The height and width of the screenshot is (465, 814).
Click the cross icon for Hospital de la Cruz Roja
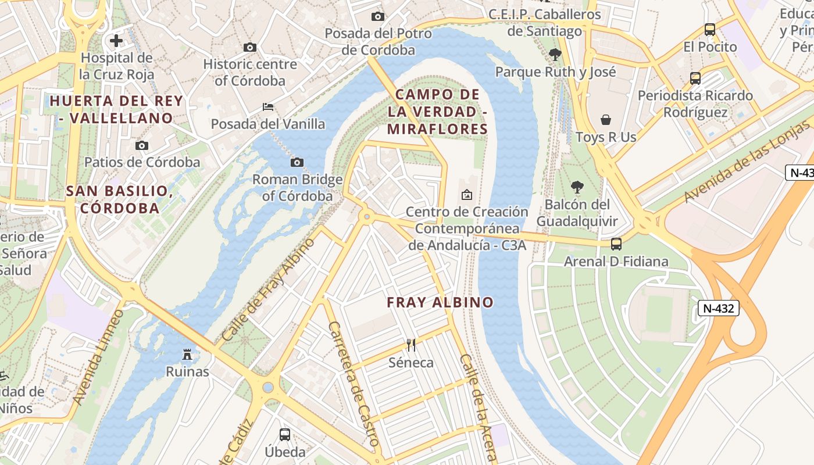click(116, 41)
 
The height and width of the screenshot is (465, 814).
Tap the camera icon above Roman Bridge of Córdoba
click(297, 162)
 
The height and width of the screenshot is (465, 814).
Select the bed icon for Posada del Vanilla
click(268, 107)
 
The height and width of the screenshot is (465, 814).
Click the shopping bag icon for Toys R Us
click(606, 120)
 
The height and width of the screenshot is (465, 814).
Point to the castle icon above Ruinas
click(187, 353)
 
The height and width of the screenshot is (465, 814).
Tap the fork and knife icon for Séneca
click(411, 345)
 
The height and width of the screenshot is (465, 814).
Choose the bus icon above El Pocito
click(709, 30)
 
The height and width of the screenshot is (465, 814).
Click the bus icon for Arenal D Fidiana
click(616, 244)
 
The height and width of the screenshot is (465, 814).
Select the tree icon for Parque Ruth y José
click(555, 55)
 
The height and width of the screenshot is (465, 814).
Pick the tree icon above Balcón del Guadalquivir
click(577, 187)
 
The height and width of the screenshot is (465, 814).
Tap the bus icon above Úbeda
click(285, 434)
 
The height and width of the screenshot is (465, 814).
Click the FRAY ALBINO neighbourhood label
click(440, 302)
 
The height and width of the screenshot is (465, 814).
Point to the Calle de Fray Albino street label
click(268, 289)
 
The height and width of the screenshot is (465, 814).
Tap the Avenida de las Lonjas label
click(748, 162)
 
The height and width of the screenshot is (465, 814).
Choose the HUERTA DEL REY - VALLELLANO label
click(116, 109)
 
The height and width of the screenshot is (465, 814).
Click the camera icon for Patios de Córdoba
click(142, 145)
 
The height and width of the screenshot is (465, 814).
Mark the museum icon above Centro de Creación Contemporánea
click(466, 195)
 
